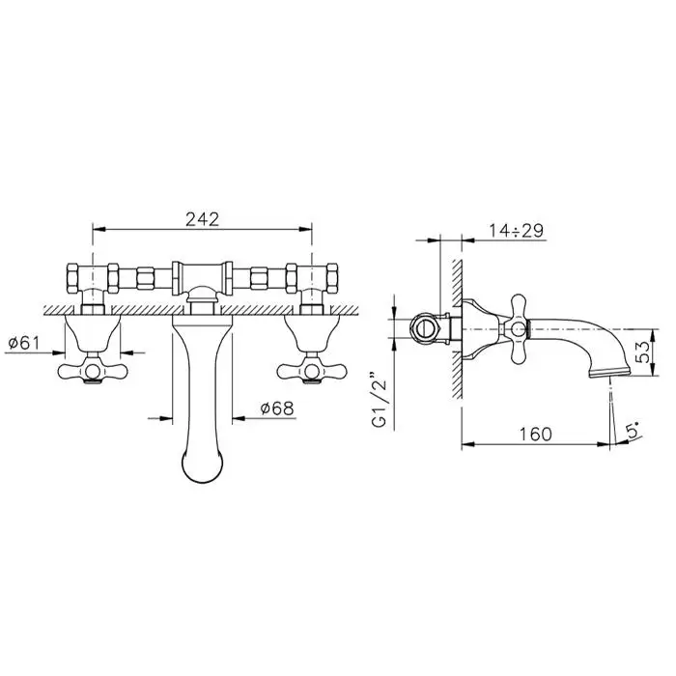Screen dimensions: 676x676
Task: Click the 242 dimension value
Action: pyautogui.click(x=202, y=219)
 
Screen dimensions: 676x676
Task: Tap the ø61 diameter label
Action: pyautogui.click(x=24, y=343)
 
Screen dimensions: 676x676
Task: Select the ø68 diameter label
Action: pyautogui.click(x=277, y=408)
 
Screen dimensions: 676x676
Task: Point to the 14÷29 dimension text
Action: pyautogui.click(x=516, y=231)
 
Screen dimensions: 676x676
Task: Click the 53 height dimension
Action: pyautogui.click(x=642, y=352)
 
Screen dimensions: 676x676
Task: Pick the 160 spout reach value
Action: pyautogui.click(x=535, y=435)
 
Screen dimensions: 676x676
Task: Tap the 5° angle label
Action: pyautogui.click(x=633, y=431)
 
